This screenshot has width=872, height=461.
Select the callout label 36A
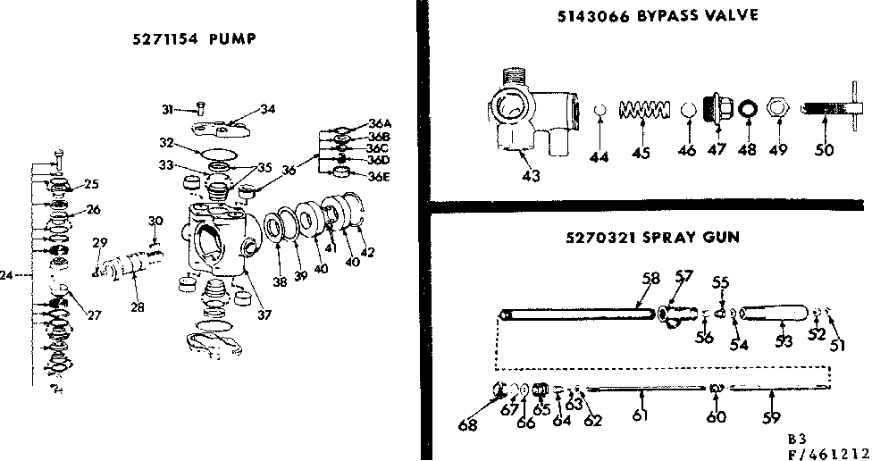[380, 124]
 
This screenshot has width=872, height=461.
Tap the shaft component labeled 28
[134, 265]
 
